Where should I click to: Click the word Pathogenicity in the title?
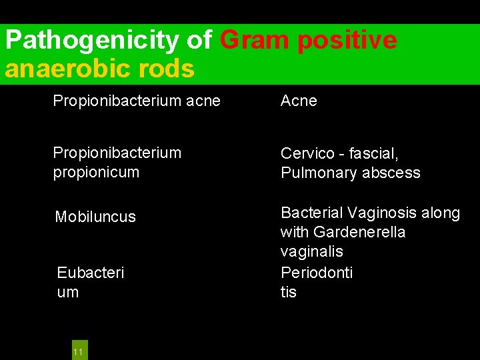(x=93, y=41)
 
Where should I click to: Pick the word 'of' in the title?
(x=199, y=41)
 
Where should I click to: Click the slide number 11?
(x=78, y=351)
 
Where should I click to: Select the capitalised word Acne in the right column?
(x=299, y=101)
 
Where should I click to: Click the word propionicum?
(x=96, y=172)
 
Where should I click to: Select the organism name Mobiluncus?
(x=95, y=217)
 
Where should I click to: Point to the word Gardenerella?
(x=359, y=232)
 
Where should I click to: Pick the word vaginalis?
(x=312, y=251)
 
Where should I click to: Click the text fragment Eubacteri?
(x=91, y=273)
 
